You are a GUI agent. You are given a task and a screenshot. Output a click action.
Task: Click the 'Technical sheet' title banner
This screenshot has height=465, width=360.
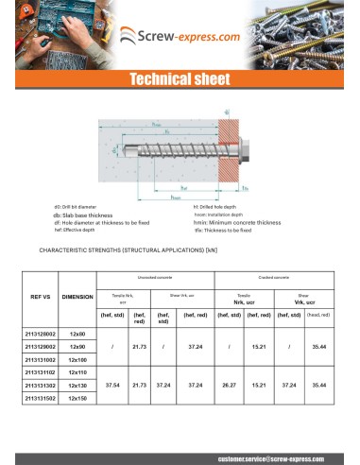pyautogui.click(x=180, y=79)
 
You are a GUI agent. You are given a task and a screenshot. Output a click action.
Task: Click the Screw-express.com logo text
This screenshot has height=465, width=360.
pyautogui.click(x=189, y=35)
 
